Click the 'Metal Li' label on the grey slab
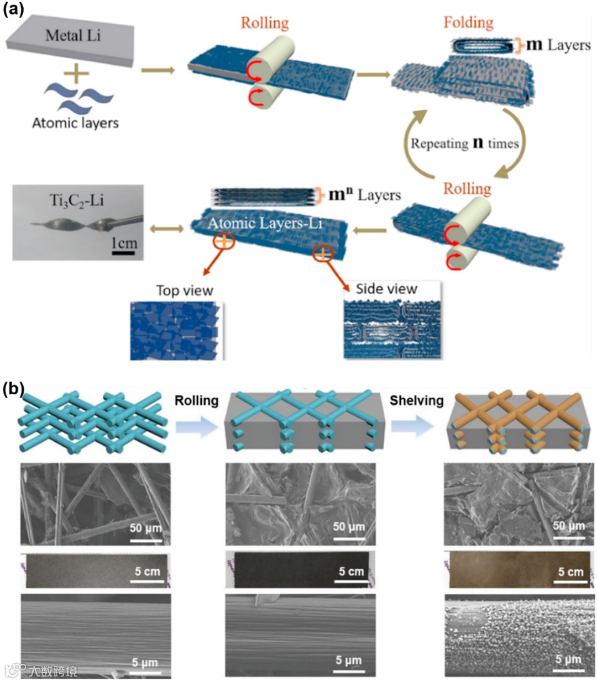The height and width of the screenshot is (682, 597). pos(73,36)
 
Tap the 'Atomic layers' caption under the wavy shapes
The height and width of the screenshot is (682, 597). pos(75,122)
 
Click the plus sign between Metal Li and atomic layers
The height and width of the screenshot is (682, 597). pos(77,73)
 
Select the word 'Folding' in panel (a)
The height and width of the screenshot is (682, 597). pos(468,23)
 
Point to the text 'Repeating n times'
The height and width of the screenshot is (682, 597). pos(464,144)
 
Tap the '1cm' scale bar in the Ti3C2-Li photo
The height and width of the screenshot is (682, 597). pos(124,244)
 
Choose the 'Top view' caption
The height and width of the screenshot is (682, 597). pos(185,290)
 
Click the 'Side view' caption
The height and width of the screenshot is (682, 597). pos(386,289)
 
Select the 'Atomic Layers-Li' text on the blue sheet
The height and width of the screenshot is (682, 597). pos(265,223)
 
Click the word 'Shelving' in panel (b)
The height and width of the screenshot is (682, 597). pos(416,400)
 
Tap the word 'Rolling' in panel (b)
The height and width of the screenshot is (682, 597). pos(196,400)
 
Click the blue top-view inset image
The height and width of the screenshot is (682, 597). pos(176,331)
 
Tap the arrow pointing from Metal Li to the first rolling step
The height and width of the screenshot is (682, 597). pos(158,70)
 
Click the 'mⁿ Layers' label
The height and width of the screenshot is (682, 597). pos(364,195)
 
